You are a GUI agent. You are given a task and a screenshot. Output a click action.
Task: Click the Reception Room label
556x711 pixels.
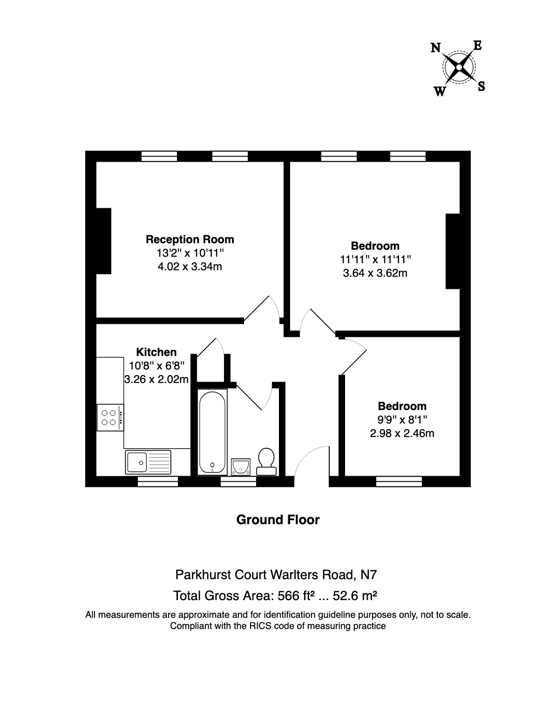(x=190, y=239)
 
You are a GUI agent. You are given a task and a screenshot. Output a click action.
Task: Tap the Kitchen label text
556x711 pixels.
(x=156, y=352)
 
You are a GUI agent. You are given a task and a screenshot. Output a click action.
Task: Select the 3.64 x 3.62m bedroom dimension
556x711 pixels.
(x=375, y=273)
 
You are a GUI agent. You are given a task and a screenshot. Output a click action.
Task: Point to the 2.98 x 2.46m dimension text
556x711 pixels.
(x=402, y=433)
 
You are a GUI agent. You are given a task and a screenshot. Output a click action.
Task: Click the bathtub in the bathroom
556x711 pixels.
(x=212, y=432)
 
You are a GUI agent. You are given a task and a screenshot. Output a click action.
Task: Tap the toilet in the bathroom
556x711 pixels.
(x=266, y=462)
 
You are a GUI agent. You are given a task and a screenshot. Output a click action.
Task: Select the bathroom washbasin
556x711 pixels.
(x=241, y=467)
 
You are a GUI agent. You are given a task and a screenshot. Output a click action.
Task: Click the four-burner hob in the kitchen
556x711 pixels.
(x=110, y=417)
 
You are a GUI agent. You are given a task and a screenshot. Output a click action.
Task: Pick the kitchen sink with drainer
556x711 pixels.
(x=148, y=462)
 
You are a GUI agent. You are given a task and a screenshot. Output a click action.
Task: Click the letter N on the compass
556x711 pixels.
(x=435, y=48)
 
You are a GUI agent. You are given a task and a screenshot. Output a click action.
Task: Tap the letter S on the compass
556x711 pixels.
(x=481, y=86)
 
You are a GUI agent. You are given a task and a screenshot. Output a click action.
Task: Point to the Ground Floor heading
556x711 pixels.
(x=278, y=520)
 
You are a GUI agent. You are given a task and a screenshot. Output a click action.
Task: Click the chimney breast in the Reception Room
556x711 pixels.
(x=104, y=241)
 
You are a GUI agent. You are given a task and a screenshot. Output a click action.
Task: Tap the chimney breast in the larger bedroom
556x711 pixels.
(x=453, y=251)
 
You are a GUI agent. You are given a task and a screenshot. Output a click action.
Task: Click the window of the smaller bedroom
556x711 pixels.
(x=399, y=482)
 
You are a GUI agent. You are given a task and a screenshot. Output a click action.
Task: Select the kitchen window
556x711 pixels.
(x=158, y=482)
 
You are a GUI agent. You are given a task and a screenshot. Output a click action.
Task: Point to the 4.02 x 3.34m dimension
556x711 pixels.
(x=190, y=267)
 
